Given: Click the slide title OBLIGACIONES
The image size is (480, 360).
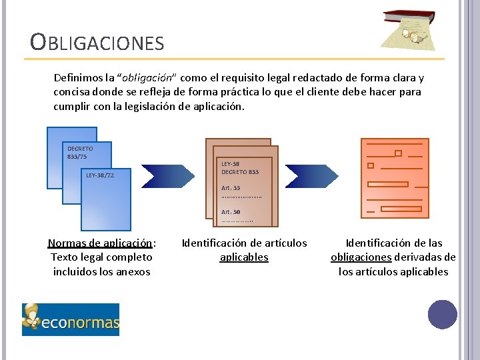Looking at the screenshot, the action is (x=97, y=43).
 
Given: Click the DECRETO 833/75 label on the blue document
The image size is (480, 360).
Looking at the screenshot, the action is (x=80, y=152).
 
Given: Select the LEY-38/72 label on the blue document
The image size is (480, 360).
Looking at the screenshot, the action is (x=100, y=175).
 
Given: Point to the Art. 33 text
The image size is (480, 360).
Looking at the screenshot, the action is (x=231, y=188).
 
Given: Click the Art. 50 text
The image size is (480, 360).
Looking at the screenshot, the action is (x=231, y=212).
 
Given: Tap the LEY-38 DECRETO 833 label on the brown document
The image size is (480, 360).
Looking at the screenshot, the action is (x=240, y=168).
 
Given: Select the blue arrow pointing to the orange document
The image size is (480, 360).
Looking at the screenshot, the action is (x=314, y=176).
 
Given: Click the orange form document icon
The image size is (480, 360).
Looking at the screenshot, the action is (x=395, y=178).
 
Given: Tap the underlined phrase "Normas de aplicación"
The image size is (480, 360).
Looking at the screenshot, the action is (x=100, y=243).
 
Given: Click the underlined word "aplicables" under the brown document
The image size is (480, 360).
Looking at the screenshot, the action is (x=244, y=257).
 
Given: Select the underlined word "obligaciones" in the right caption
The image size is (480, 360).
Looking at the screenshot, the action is (x=361, y=257).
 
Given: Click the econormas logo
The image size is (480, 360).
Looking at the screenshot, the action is (x=71, y=319).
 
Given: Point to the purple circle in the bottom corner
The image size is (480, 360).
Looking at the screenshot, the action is (x=443, y=315).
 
